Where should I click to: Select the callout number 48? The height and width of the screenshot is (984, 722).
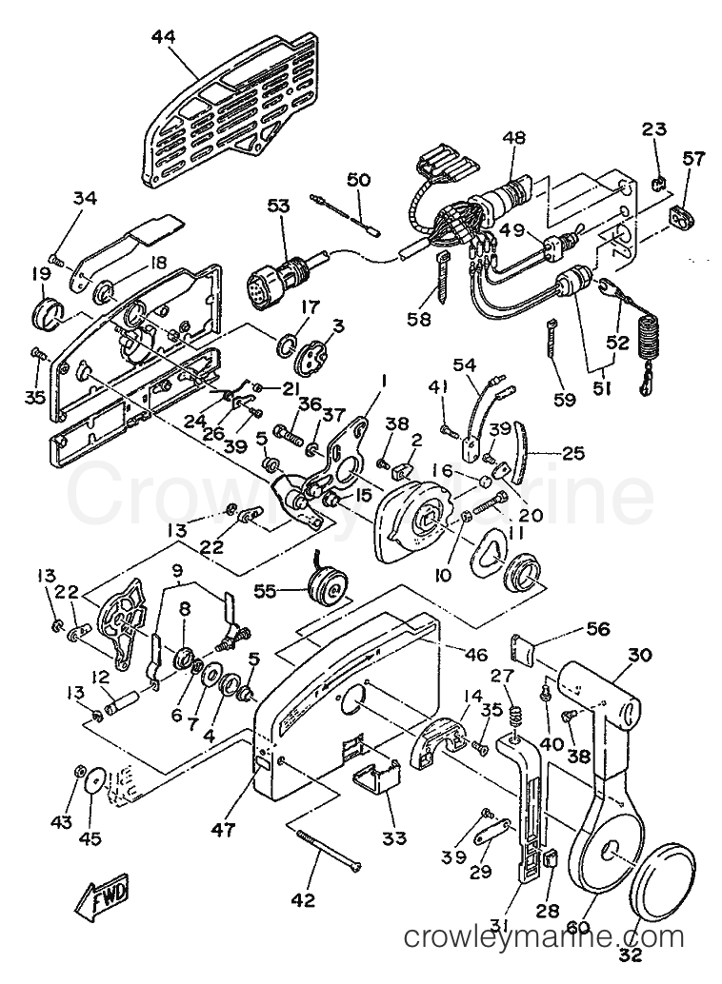(514, 139)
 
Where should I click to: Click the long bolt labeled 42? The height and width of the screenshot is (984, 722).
(330, 849)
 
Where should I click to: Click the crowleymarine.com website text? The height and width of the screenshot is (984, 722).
(544, 937)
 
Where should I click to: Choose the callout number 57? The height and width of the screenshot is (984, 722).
(692, 159)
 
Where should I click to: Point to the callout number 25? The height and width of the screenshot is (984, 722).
(573, 427)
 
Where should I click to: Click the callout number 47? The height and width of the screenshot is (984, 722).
(223, 830)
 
